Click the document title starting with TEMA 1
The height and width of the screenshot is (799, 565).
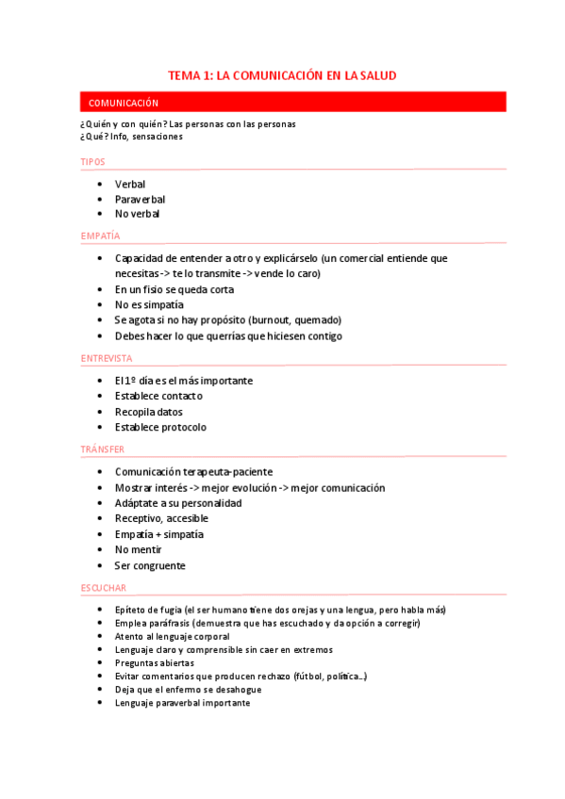point(282,74)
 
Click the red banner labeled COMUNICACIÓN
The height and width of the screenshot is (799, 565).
point(292,102)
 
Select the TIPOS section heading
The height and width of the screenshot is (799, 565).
point(93,162)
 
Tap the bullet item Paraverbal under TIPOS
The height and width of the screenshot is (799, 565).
point(140,199)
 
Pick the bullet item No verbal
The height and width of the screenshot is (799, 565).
point(137,214)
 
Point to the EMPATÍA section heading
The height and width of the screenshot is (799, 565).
point(100,236)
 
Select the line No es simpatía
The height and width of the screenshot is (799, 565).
point(149,304)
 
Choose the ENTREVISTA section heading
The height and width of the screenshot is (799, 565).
point(107,358)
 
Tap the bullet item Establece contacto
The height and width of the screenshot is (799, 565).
point(158,396)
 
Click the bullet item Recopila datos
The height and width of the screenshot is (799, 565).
point(148,412)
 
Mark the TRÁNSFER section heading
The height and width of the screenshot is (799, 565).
point(103,449)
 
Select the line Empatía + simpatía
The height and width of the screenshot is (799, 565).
point(158,534)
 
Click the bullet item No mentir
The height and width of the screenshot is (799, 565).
point(138,549)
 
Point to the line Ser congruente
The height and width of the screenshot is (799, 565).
point(150,565)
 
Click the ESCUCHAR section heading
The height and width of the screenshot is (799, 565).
point(104,588)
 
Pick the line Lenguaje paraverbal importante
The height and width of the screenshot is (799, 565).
point(182,703)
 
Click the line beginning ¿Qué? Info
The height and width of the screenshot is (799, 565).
point(132,136)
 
